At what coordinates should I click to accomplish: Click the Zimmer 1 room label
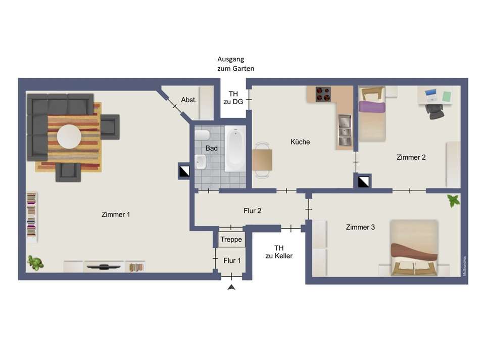click(116, 214)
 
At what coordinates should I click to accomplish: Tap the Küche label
click(300, 142)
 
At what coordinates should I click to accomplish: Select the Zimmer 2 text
click(411, 157)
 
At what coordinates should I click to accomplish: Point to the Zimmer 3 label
click(360, 227)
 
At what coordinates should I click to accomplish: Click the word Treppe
click(231, 240)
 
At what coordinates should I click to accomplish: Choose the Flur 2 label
click(252, 211)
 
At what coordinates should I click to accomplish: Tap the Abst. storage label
click(189, 100)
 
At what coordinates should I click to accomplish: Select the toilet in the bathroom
click(202, 136)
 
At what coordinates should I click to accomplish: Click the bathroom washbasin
click(201, 162)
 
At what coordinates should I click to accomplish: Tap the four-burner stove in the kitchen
click(323, 94)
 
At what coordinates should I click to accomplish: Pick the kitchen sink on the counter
click(344, 128)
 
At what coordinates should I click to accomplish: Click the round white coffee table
click(69, 136)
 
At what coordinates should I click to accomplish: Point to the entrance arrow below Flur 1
click(231, 288)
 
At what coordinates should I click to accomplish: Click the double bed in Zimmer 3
click(414, 248)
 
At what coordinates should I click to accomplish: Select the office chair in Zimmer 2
click(433, 111)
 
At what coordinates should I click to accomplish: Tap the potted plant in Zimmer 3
click(453, 201)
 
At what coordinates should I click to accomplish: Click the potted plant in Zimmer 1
click(35, 262)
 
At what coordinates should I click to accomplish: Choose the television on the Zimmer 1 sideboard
click(104, 266)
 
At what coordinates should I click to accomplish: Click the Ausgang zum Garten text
click(235, 64)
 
